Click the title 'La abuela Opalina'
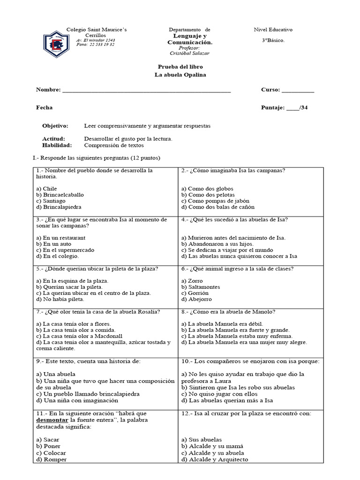[180, 75]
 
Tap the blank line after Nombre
[146, 90]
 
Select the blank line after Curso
[298, 90]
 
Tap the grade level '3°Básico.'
[273, 40]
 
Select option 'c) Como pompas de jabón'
[212, 201]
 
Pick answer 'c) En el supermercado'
[64, 250]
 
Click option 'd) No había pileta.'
[60, 299]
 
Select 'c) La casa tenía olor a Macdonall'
[79, 336]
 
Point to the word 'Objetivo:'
[55, 126]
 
